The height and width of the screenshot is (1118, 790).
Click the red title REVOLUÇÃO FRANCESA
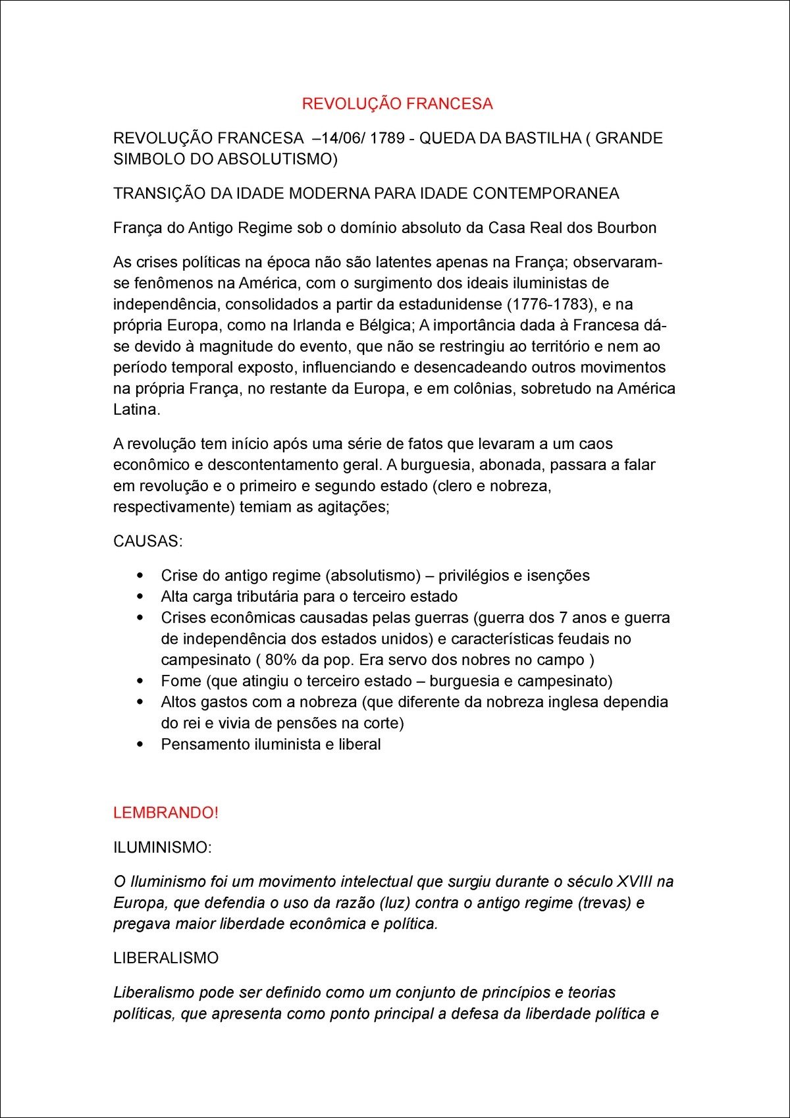click(397, 104)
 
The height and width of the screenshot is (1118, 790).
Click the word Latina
click(136, 410)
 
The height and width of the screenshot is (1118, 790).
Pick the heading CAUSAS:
click(148, 541)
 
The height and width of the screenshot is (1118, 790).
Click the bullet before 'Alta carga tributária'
click(140, 597)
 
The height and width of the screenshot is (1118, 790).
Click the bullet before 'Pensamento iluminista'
click(140, 744)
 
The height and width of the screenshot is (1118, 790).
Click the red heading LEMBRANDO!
click(166, 812)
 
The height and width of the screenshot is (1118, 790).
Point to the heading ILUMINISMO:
click(163, 847)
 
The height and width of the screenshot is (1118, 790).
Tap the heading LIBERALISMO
click(166, 958)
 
